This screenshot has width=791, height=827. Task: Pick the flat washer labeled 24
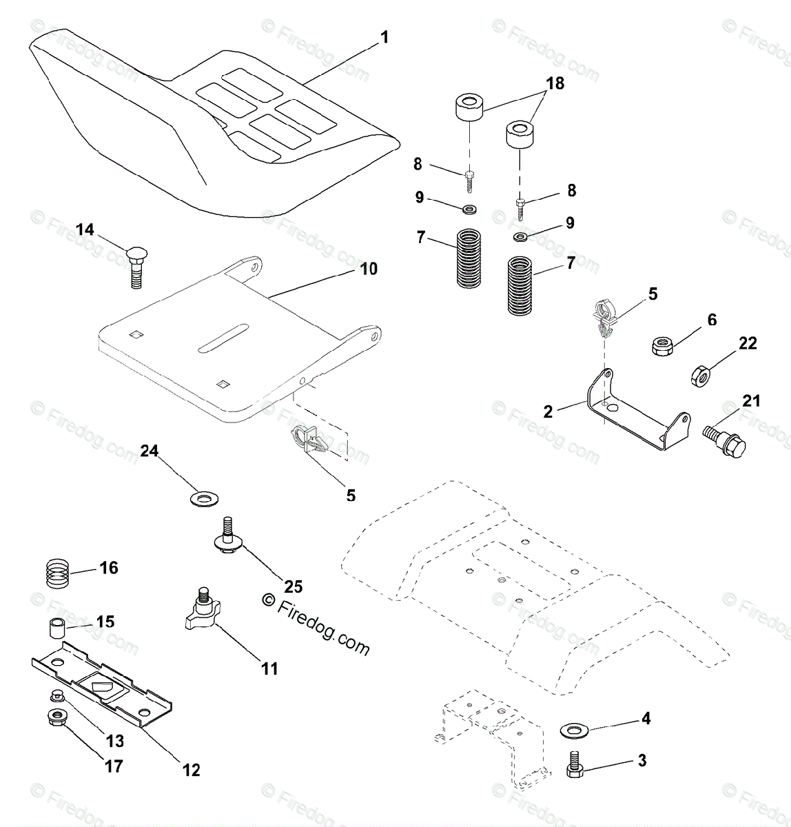203,496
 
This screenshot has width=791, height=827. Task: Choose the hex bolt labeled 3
576,764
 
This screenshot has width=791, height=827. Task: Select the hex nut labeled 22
701,376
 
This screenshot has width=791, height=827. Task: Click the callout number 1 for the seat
384,37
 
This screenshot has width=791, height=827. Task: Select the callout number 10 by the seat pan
369,268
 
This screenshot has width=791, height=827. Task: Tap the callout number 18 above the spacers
554,83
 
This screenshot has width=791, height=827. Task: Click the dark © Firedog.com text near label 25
317,624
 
